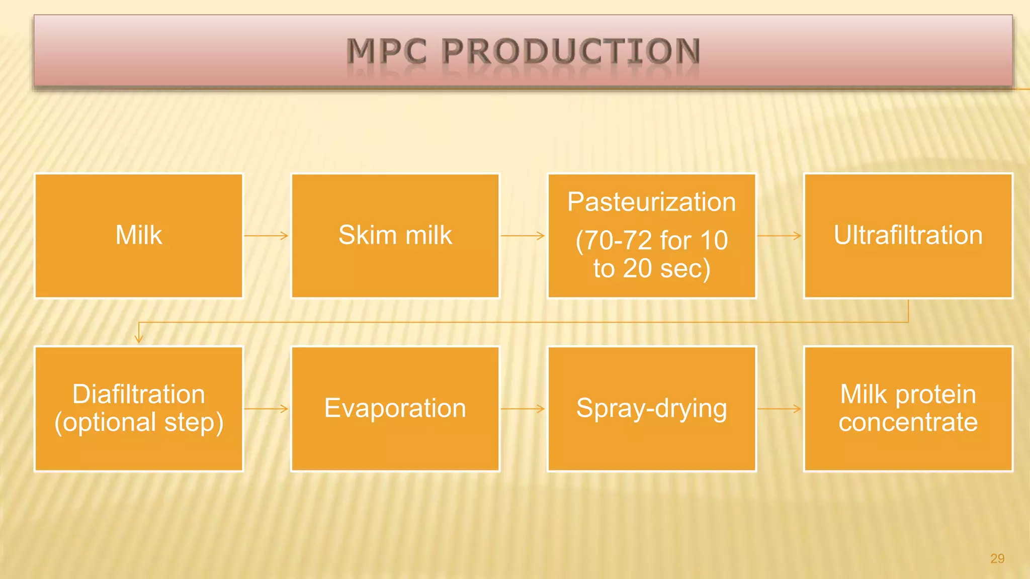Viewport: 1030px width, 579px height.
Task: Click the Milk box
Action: pyautogui.click(x=138, y=236)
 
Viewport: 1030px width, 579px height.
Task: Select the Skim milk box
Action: pyautogui.click(x=395, y=236)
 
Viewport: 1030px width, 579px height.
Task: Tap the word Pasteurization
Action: pyautogui.click(x=651, y=202)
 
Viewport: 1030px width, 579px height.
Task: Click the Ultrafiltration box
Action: pyautogui.click(x=908, y=236)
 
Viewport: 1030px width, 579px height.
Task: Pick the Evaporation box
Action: pyautogui.click(x=395, y=408)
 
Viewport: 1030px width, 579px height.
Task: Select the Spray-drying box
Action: pyautogui.click(x=651, y=408)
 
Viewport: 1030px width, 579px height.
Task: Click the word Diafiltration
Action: pyautogui.click(x=138, y=394)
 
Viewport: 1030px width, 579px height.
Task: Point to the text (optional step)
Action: pyautogui.click(x=138, y=422)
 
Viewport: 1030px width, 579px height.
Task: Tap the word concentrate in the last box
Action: pyautogui.click(x=908, y=422)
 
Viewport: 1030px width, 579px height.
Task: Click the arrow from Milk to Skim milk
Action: pyautogui.click(x=267, y=235)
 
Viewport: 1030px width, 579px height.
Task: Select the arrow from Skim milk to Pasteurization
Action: pyautogui.click(x=523, y=235)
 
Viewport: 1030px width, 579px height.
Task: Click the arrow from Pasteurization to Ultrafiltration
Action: pyautogui.click(x=780, y=235)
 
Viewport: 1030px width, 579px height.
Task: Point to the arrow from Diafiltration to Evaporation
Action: pyautogui.click(x=267, y=409)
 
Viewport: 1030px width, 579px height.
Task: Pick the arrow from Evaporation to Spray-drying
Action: pyautogui.click(x=523, y=409)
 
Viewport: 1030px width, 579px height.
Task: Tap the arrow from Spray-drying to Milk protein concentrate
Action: pyautogui.click(x=780, y=409)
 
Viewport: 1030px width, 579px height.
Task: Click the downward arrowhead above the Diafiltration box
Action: pyautogui.click(x=139, y=339)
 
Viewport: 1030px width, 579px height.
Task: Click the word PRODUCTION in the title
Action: pyautogui.click(x=571, y=51)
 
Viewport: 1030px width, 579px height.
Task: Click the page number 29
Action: pyautogui.click(x=997, y=558)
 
